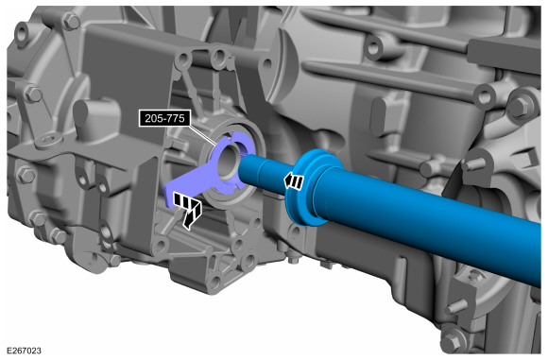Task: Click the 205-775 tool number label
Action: click(164, 118)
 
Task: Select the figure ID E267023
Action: click(24, 351)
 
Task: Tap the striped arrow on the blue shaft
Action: click(294, 181)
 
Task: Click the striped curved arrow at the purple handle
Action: click(187, 210)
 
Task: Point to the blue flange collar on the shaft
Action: click(308, 187)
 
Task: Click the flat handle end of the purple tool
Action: click(175, 194)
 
